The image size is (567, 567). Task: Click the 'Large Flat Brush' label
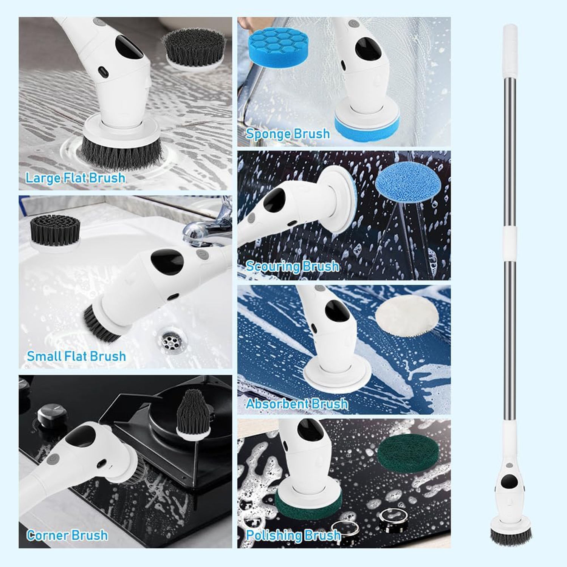pyautogui.click(x=75, y=178)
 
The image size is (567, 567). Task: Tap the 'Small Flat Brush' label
pyautogui.click(x=76, y=356)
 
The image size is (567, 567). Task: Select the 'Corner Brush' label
pyautogui.click(x=67, y=535)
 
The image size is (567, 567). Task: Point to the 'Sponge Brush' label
pyautogui.click(x=288, y=134)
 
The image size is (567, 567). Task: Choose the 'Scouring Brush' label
pyautogui.click(x=292, y=266)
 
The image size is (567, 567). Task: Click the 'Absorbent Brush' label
pyautogui.click(x=297, y=404)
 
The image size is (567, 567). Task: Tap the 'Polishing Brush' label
pyautogui.click(x=293, y=535)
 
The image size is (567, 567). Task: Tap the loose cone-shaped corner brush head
pyautogui.click(x=193, y=416)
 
